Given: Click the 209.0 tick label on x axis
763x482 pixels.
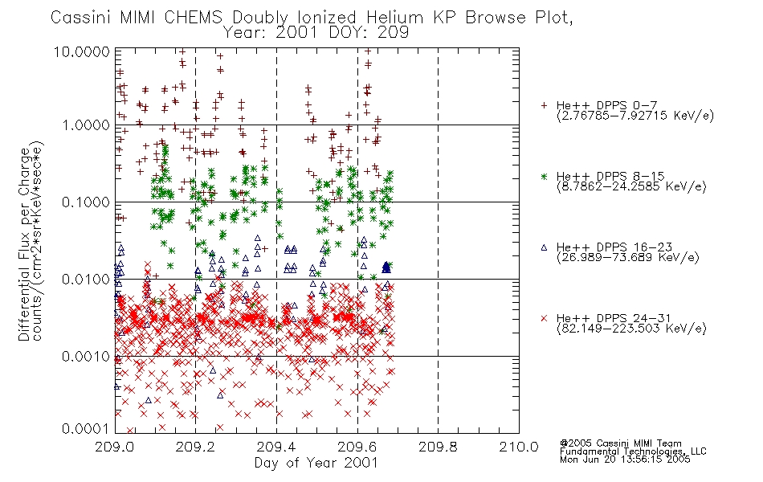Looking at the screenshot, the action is pyautogui.click(x=115, y=447).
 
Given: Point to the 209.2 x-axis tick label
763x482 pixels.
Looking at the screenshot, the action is pyautogui.click(x=196, y=447).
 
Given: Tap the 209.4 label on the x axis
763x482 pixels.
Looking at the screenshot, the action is pyautogui.click(x=276, y=447).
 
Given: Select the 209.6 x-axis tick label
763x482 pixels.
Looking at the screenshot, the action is pyautogui.click(x=357, y=447).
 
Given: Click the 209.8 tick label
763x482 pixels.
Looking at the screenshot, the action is pyautogui.click(x=438, y=447).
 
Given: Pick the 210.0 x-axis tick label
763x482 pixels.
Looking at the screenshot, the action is pyautogui.click(x=519, y=447).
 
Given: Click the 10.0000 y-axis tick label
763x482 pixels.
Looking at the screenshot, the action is pyautogui.click(x=82, y=51).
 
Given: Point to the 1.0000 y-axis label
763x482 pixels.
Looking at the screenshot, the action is pyautogui.click(x=86, y=125).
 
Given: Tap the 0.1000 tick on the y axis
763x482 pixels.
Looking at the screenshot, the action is pyautogui.click(x=86, y=202).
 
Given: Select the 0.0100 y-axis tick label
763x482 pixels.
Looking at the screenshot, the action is pyautogui.click(x=86, y=280).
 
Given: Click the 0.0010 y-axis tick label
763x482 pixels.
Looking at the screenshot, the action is pyautogui.click(x=86, y=357).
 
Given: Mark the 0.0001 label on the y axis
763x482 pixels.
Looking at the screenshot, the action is pyautogui.click(x=86, y=428).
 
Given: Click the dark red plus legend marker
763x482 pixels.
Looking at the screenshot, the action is pyautogui.click(x=544, y=105).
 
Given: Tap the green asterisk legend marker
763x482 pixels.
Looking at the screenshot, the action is pyautogui.click(x=544, y=176).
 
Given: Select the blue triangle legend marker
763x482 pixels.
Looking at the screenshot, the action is pyautogui.click(x=544, y=247).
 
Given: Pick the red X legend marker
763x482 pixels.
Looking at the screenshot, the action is pyautogui.click(x=544, y=318).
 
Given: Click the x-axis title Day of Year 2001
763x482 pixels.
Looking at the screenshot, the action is pyautogui.click(x=316, y=463).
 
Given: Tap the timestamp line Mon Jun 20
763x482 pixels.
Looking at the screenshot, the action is pyautogui.click(x=625, y=460).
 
